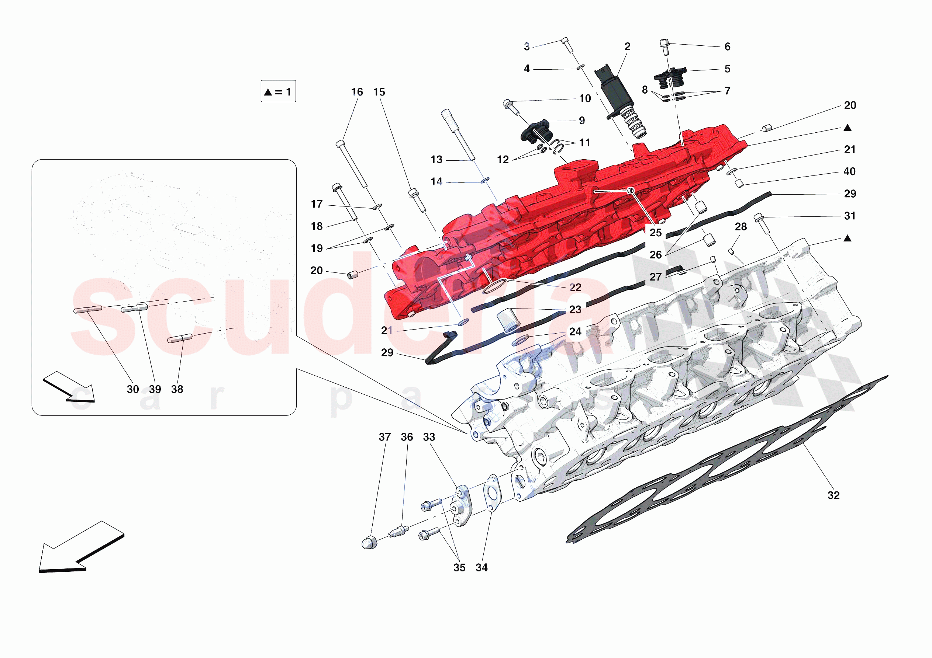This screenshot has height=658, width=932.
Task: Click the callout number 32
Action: point(833,495)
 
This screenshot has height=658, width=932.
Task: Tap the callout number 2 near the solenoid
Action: point(627,47)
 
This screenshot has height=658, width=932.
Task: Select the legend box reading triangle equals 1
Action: point(278,91)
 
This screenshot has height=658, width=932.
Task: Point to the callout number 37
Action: point(384,437)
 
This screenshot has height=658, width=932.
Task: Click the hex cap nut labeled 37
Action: point(369,542)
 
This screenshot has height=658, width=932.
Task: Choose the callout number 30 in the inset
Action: point(133,389)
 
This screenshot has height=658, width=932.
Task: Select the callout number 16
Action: point(357,92)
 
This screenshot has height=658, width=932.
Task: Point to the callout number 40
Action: point(850,172)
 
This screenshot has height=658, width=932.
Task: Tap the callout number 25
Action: point(656,233)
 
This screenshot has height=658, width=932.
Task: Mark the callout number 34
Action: point(481,568)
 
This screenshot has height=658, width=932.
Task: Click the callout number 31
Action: point(850,216)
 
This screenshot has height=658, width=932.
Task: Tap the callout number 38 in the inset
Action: point(177,389)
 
